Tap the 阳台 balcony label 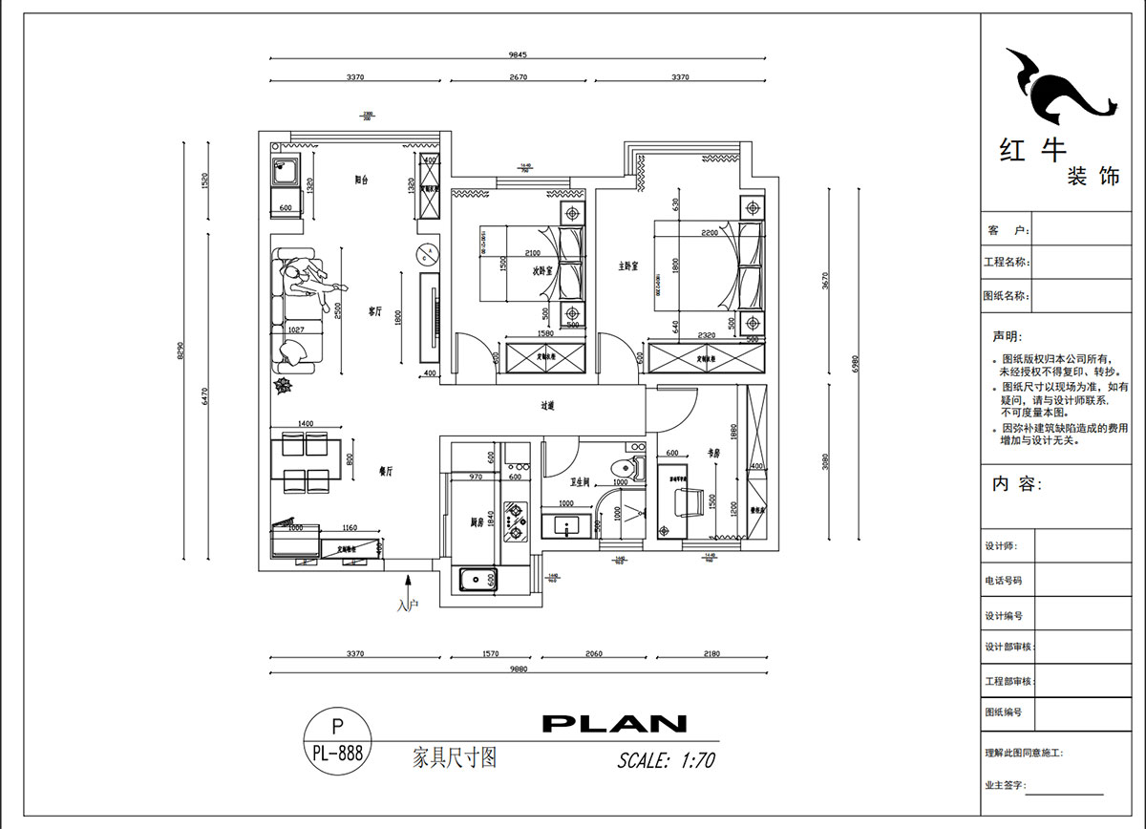tap(362, 179)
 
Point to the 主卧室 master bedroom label tap(627, 266)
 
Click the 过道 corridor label tap(547, 406)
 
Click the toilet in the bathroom tap(626, 468)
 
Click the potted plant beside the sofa tap(283, 385)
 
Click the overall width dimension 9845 tap(517, 55)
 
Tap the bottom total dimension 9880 tap(517, 670)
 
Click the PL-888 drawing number tap(337, 753)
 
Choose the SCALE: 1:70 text tap(666, 761)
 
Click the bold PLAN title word tap(614, 724)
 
